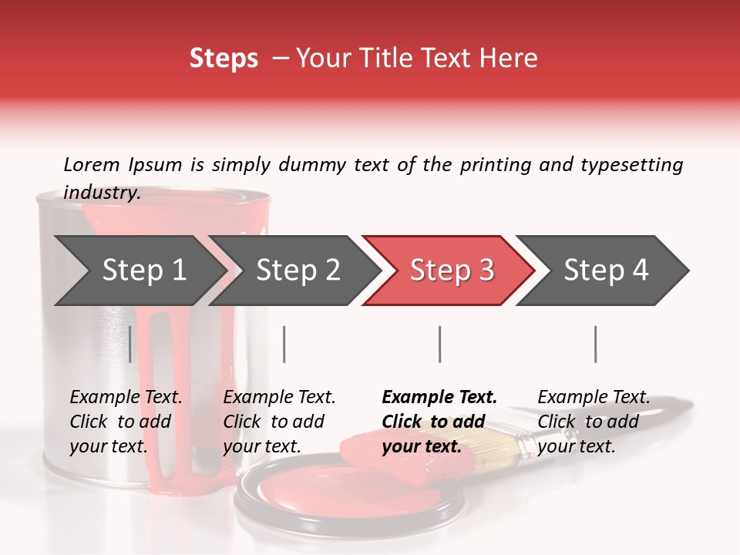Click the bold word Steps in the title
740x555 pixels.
(x=224, y=59)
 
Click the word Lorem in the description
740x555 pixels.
(x=92, y=164)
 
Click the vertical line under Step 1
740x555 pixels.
(x=130, y=344)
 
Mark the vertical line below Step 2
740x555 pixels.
(x=284, y=344)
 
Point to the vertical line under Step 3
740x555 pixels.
(x=439, y=344)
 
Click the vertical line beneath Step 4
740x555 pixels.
(x=595, y=344)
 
